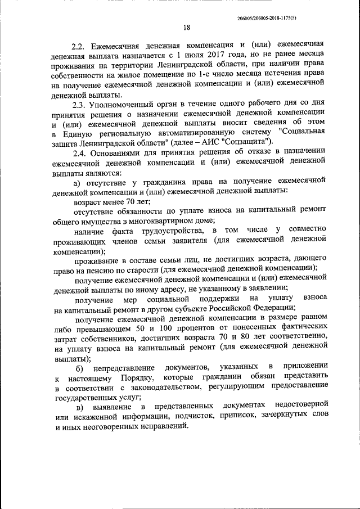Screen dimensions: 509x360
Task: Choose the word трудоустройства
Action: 165,231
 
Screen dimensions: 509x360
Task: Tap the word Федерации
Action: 272,308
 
